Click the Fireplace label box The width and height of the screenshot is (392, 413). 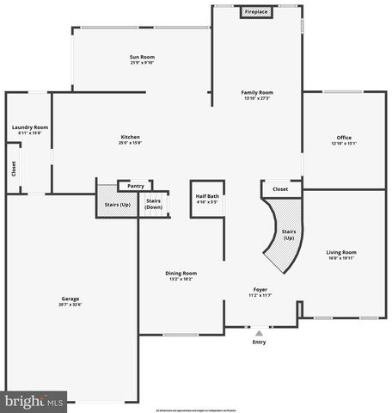(x=255, y=12)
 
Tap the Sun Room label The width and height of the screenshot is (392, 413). (x=142, y=57)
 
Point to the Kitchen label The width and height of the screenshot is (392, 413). (x=130, y=137)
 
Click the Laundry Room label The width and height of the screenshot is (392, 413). (x=29, y=127)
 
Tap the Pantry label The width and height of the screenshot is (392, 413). (x=135, y=185)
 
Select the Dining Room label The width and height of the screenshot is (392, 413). (x=181, y=274)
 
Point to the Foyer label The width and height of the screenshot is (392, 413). (x=260, y=289)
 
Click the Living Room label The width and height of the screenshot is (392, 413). (x=341, y=251)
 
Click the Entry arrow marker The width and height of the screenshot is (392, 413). (x=259, y=332)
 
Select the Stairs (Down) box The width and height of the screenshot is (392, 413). (x=154, y=204)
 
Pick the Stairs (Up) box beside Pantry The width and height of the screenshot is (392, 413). (x=117, y=204)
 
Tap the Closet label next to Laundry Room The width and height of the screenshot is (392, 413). (x=13, y=170)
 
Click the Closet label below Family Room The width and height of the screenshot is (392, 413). (x=280, y=188)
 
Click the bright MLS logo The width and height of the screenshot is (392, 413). (x=34, y=401)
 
